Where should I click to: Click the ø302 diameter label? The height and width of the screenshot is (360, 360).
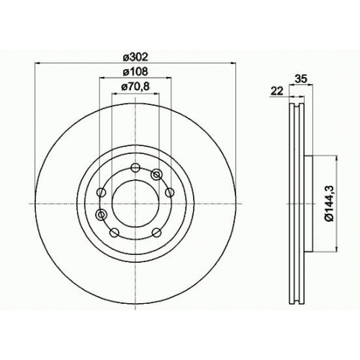(135, 58)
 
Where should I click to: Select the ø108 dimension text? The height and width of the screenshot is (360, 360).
(135, 72)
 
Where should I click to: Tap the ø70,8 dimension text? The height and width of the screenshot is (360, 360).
(135, 86)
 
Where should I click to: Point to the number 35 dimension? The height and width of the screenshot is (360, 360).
(301, 78)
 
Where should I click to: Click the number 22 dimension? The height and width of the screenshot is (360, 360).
(277, 91)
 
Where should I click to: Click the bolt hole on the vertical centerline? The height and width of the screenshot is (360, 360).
(135, 167)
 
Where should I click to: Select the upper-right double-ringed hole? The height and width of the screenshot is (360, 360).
(156, 174)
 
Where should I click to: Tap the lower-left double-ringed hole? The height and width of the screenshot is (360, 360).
(101, 215)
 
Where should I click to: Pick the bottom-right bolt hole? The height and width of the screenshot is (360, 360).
(157, 232)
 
